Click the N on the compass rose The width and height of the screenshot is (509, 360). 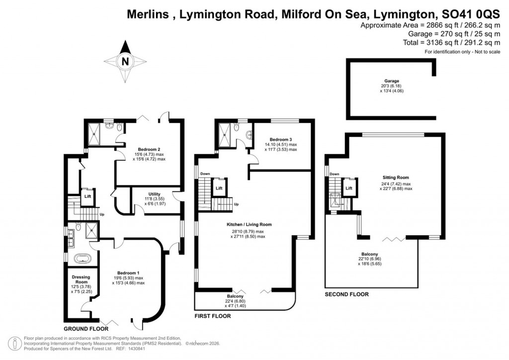coord(125,62)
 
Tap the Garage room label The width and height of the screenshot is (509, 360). coord(391,81)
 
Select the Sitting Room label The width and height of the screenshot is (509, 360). coord(396,177)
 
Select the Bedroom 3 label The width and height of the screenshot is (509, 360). coord(281,139)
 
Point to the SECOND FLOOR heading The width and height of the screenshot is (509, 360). coord(346,294)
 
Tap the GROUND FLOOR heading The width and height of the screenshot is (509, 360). coord(84,329)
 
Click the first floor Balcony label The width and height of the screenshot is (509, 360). coord(235,296)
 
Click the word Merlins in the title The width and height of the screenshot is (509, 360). coord(144,15)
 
